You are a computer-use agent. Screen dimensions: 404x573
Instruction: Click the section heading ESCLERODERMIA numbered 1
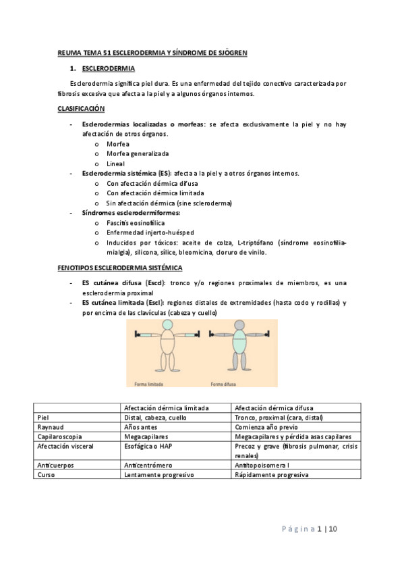108,69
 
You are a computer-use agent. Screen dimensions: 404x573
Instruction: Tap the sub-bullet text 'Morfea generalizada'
138,153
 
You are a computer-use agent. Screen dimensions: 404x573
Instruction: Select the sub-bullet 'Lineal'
116,164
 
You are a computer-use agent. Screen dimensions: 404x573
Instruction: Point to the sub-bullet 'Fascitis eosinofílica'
136,222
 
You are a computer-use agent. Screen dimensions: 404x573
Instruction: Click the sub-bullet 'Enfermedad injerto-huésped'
146,232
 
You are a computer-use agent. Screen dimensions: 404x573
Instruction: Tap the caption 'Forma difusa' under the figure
223,384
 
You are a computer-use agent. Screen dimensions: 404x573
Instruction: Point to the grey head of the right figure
239,328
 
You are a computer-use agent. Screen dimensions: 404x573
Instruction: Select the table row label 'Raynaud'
49,427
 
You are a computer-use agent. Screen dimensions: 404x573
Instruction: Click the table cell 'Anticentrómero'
148,465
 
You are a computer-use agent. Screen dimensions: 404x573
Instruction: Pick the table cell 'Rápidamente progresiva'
271,475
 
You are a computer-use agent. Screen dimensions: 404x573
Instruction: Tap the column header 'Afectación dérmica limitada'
167,407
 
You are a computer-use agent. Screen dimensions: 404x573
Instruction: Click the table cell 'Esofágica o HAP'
150,446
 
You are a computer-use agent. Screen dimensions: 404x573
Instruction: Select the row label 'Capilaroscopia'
59,437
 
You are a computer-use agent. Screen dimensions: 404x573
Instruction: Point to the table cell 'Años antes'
141,427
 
